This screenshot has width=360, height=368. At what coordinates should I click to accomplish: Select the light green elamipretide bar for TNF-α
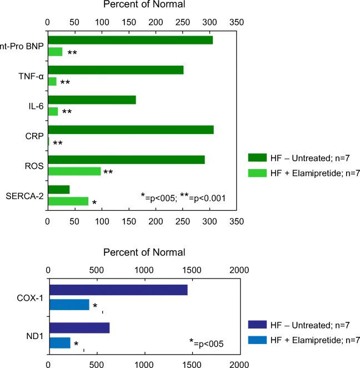pos(52,81)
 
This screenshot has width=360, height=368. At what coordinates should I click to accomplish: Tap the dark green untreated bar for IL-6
pos(92,100)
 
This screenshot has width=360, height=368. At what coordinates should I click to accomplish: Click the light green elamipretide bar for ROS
pos(74,171)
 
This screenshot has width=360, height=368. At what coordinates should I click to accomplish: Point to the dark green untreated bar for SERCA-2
pos(59,190)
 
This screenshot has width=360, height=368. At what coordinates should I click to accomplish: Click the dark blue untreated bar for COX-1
pos(118,290)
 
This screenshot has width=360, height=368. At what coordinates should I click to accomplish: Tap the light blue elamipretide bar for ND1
pos(60,343)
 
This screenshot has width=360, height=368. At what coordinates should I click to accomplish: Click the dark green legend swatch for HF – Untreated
pos(259,157)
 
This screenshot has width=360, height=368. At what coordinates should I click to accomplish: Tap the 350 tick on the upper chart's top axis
pos(237,23)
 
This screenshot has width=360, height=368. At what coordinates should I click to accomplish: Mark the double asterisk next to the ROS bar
pos(108,172)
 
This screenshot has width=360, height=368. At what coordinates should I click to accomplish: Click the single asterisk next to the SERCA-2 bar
pos(94,203)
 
